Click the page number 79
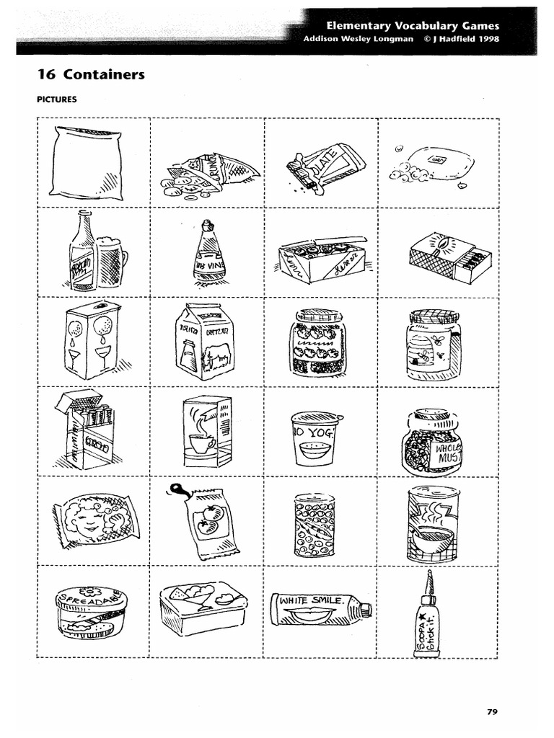[x=493, y=712]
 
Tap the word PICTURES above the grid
[x=57, y=100]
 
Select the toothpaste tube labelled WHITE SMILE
[x=321, y=610]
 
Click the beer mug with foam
[x=110, y=261]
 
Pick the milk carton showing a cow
[x=205, y=340]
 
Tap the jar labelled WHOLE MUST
[x=432, y=442]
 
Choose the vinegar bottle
[x=206, y=254]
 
